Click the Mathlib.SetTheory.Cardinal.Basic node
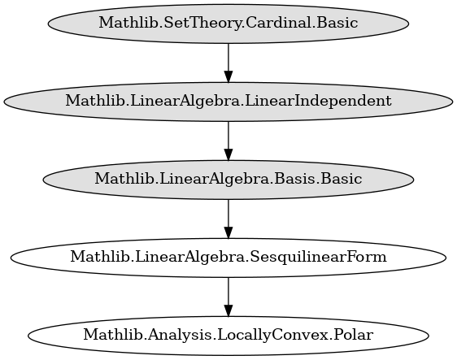pyautogui.click(x=228, y=24)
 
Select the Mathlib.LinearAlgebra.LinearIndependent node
pyautogui.click(x=228, y=102)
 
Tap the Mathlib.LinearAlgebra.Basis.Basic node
pyautogui.click(x=228, y=180)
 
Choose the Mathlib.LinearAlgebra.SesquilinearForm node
pyautogui.click(x=228, y=258)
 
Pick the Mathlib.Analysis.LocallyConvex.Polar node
pyautogui.click(x=228, y=336)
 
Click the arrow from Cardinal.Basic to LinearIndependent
pyautogui.click(x=228, y=63)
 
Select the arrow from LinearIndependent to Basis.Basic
pyautogui.click(x=228, y=141)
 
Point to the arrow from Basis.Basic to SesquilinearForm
pyautogui.click(x=228, y=219)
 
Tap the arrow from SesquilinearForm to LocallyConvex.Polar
pyautogui.click(x=228, y=297)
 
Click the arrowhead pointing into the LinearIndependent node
pyautogui.click(x=228, y=76)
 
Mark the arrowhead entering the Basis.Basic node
pyautogui.click(x=228, y=154)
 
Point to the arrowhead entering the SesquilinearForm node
pyautogui.click(x=228, y=232)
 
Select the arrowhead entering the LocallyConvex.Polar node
pyautogui.click(x=228, y=310)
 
